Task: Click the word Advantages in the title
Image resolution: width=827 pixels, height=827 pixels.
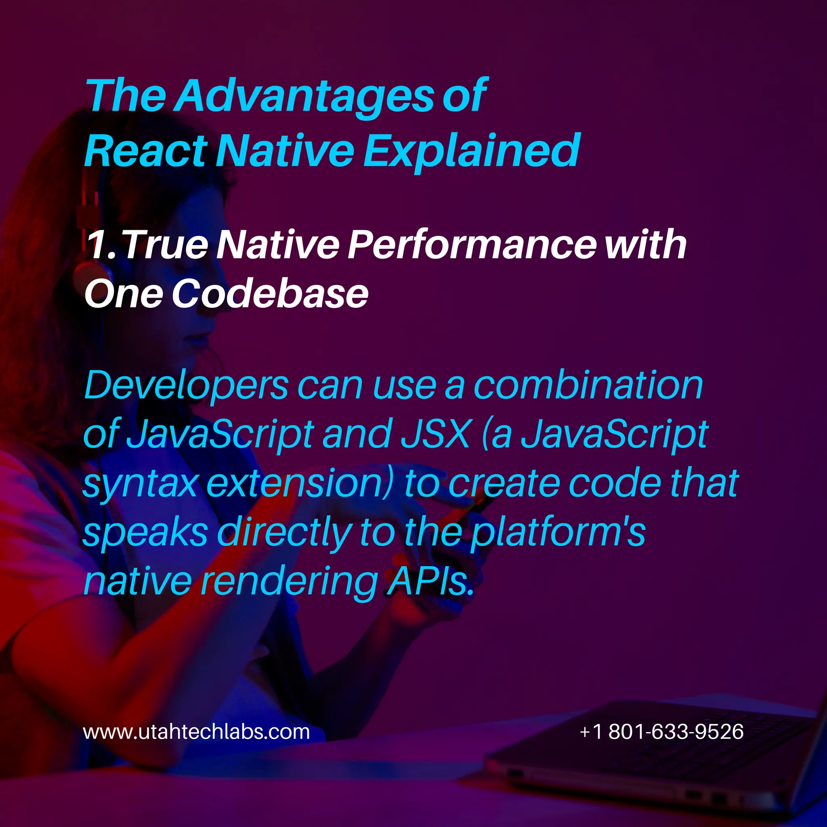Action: pyautogui.click(x=306, y=97)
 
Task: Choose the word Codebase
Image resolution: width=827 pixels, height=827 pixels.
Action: pyautogui.click(x=270, y=294)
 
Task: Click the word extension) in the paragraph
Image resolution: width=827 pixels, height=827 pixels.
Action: pyautogui.click(x=299, y=484)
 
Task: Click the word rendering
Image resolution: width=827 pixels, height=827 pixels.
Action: pyautogui.click(x=290, y=582)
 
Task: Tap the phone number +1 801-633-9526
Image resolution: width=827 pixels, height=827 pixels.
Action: pyautogui.click(x=661, y=732)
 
